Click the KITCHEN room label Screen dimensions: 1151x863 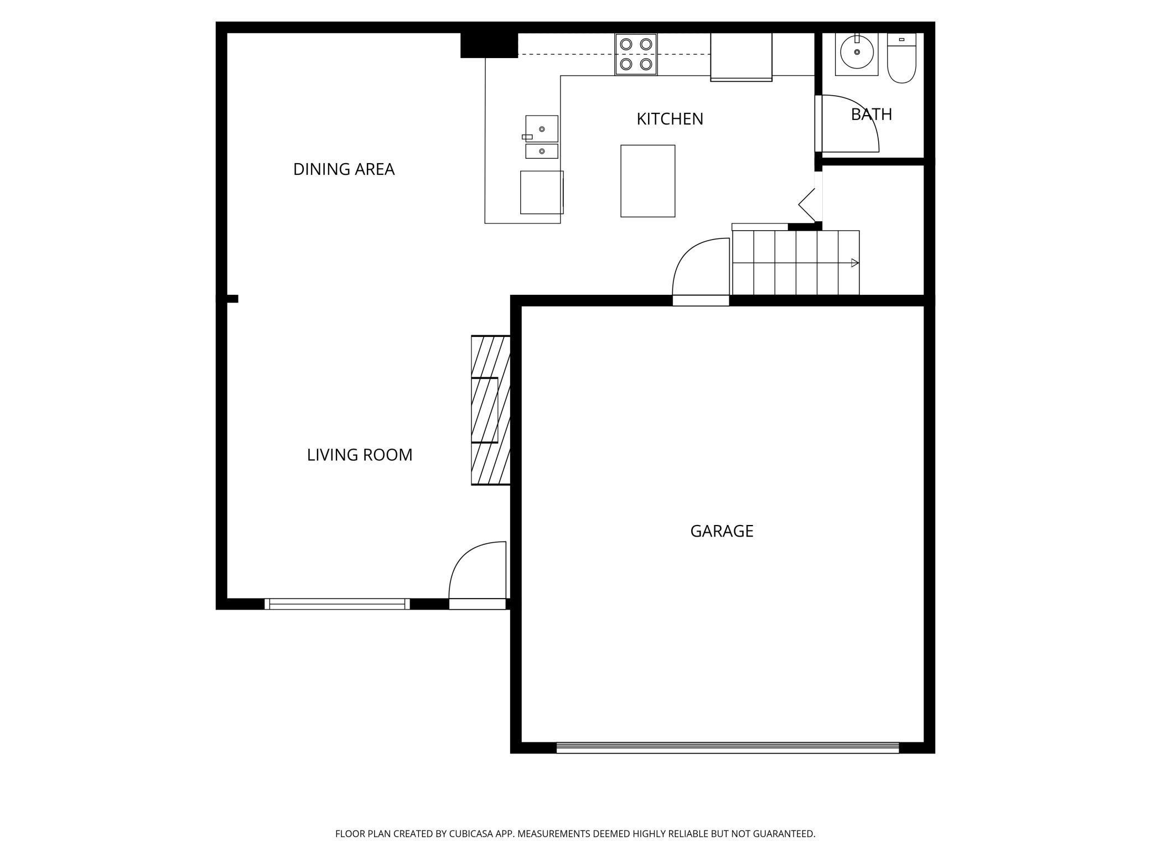(x=670, y=119)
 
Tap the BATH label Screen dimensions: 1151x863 (x=872, y=115)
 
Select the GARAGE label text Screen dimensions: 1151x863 (x=722, y=531)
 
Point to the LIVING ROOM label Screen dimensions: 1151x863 (x=360, y=455)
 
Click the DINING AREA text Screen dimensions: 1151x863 (x=344, y=169)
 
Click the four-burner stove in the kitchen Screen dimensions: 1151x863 (x=636, y=54)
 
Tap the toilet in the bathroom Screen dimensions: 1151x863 (x=901, y=58)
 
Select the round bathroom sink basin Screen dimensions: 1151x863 (x=857, y=52)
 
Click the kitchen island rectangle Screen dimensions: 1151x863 (x=647, y=181)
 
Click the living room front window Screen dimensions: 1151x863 (x=337, y=604)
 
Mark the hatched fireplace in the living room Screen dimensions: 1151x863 (x=490, y=410)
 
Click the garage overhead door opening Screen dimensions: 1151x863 (x=728, y=748)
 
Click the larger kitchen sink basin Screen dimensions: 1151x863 (x=542, y=129)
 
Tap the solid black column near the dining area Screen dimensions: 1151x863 (x=489, y=45)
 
